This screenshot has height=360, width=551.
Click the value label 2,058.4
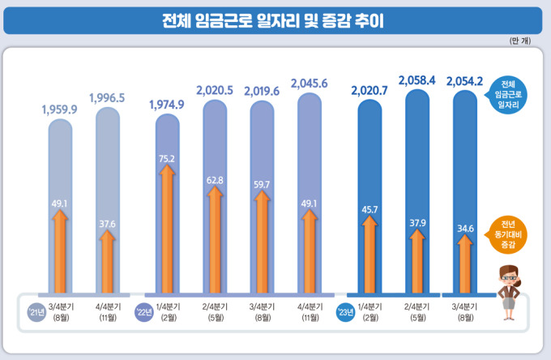tap(417, 80)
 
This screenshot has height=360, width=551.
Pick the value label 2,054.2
tap(464, 81)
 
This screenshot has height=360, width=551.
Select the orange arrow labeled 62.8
tap(215, 235)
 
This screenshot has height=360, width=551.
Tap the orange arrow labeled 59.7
tap(262, 239)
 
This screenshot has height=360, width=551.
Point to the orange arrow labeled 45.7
tap(369, 251)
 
